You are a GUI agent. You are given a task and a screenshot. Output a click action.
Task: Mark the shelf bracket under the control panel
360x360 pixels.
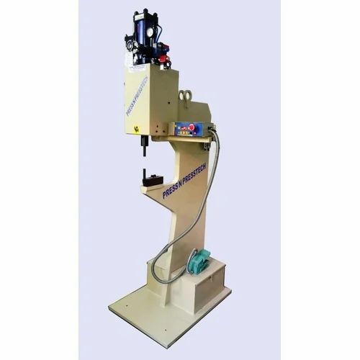(x=184, y=143)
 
